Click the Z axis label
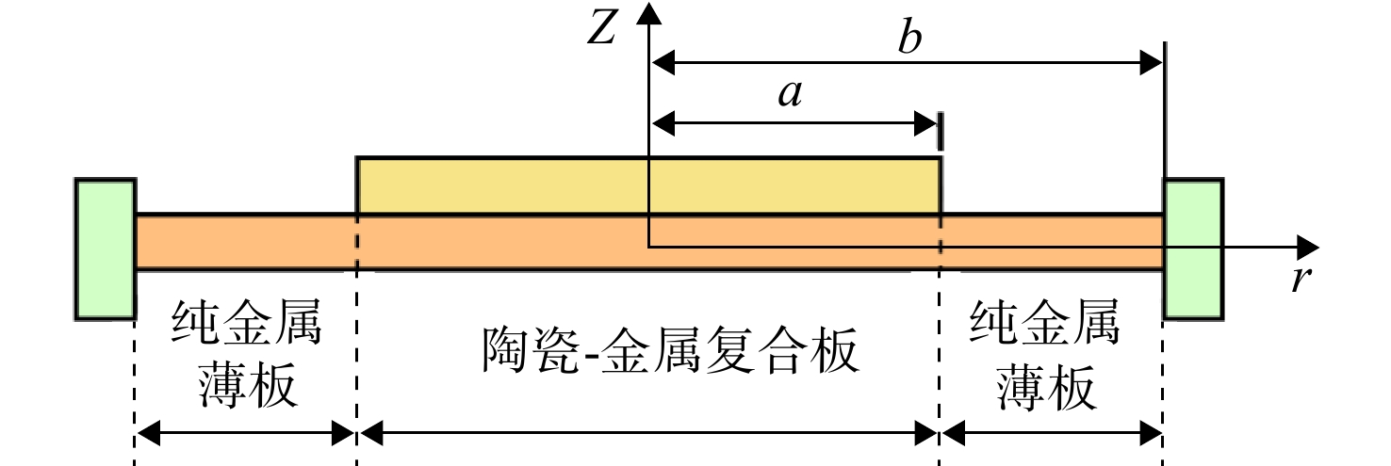point(601,28)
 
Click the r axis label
point(1301,279)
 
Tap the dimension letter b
point(910,38)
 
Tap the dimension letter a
point(791,95)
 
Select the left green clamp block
point(106,249)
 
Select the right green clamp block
point(1193,249)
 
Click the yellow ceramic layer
point(648,185)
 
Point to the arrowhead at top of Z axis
point(649,12)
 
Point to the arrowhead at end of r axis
point(1308,248)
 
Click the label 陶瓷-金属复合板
point(671,350)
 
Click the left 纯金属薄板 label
point(247,353)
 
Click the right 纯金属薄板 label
point(1045,354)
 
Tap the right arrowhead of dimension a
point(925,123)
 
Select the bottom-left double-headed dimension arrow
point(245,433)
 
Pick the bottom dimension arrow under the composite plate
point(648,433)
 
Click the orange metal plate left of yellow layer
point(246,243)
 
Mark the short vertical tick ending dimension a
point(941,131)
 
